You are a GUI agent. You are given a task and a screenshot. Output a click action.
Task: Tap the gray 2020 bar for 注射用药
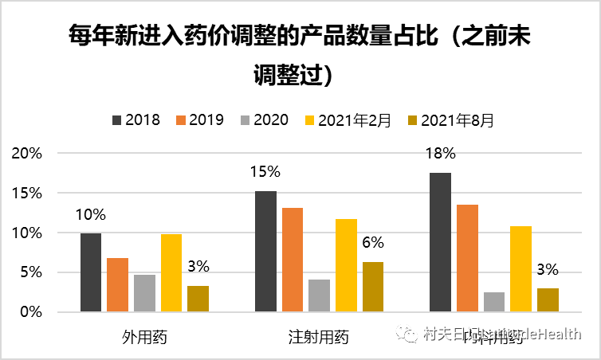pos(319,295)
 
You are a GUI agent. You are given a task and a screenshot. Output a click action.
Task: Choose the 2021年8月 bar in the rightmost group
pos(548,299)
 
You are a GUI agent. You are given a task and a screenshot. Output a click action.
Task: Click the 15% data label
pos(265,170)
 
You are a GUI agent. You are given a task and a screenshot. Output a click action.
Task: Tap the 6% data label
pos(373,242)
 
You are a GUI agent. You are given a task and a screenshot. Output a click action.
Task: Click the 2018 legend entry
pos(136,120)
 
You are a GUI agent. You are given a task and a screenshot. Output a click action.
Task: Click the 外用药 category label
pos(144,337)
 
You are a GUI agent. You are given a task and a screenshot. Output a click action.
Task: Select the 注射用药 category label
pos(318,337)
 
